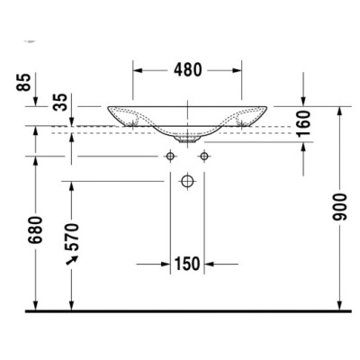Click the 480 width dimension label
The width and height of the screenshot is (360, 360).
(x=187, y=70)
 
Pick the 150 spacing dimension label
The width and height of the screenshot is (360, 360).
(x=187, y=265)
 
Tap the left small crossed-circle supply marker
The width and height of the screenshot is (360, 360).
(x=169, y=157)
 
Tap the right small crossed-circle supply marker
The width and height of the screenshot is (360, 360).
(x=204, y=157)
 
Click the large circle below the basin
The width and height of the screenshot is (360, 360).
(x=187, y=183)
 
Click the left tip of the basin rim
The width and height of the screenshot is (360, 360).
(x=107, y=107)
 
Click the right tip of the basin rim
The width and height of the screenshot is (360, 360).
(x=267, y=107)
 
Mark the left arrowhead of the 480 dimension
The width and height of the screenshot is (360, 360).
(x=138, y=70)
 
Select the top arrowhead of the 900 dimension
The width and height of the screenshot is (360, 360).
(x=340, y=112)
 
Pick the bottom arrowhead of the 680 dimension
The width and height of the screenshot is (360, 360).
(x=35, y=307)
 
